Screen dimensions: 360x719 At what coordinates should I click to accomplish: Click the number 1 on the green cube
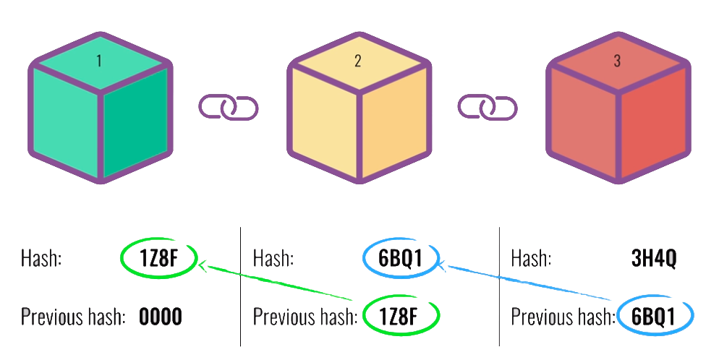pyautogui.click(x=98, y=61)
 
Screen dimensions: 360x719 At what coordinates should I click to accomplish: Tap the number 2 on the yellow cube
pyautogui.click(x=357, y=61)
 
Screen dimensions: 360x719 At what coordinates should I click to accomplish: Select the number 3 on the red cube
pyautogui.click(x=617, y=61)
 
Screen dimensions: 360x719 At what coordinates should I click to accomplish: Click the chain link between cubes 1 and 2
pyautogui.click(x=229, y=108)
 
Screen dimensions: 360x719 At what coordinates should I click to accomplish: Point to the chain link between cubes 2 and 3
pyautogui.click(x=488, y=108)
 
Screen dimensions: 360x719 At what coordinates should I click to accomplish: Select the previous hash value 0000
pyautogui.click(x=161, y=317)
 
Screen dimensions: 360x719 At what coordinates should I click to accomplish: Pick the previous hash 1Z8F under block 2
pyautogui.click(x=401, y=317)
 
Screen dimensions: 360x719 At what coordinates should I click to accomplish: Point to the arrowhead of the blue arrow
pyautogui.click(x=443, y=267)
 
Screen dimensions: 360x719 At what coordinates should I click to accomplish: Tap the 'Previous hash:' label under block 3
pyautogui.click(x=563, y=317)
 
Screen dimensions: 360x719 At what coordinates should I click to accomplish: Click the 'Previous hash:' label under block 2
pyautogui.click(x=305, y=317)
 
